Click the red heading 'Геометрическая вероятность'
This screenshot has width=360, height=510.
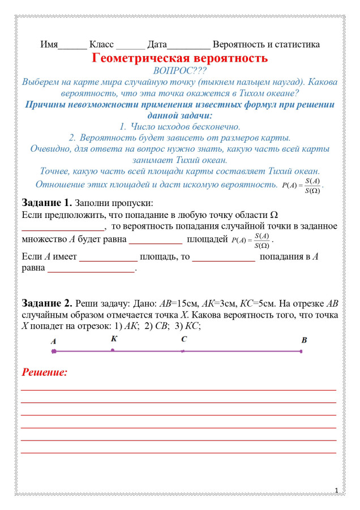[x=179, y=58]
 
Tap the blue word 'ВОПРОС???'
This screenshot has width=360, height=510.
[x=179, y=71]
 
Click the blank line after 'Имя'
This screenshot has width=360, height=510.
[x=72, y=45]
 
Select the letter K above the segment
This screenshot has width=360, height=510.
[x=114, y=339]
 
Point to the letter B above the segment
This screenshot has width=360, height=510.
[x=304, y=340]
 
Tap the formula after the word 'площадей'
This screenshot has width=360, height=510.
[x=252, y=240]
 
